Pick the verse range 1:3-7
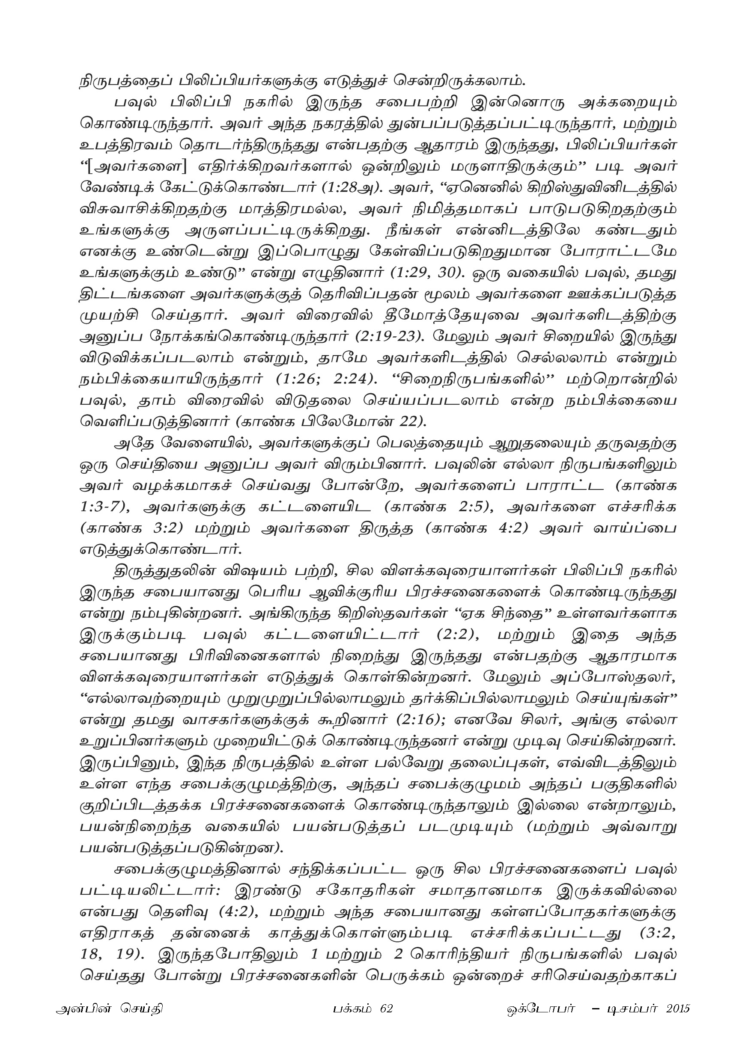coord(104,508)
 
